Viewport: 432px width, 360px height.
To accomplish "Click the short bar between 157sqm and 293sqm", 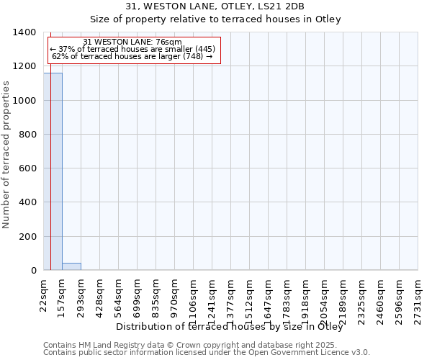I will point(71,266).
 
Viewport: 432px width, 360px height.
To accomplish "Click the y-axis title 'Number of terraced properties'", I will point(7,155).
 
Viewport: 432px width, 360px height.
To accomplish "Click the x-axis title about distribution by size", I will point(229,327).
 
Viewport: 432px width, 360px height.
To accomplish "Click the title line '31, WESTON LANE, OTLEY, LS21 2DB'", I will point(215,6).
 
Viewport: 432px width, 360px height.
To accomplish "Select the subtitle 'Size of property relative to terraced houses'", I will point(215,19).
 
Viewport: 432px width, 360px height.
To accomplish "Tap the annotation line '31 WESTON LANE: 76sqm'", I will point(132,42).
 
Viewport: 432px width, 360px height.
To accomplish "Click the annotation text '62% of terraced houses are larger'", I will point(132,56).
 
